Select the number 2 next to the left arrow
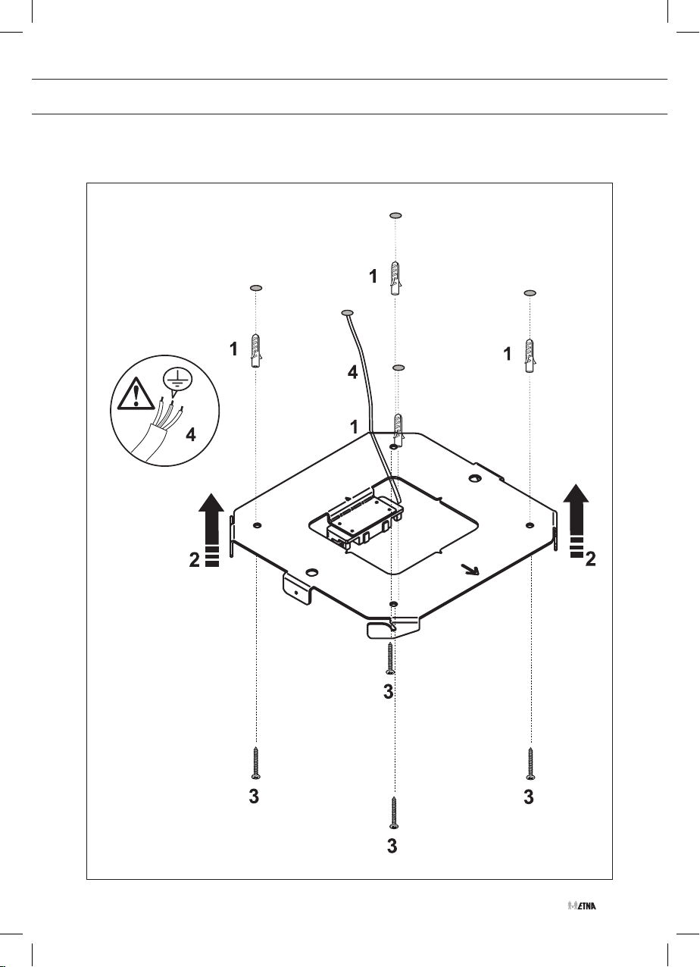195,560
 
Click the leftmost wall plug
256,349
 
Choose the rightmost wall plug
530,354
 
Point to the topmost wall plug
394,278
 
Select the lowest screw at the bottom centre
393,815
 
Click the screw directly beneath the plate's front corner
389,657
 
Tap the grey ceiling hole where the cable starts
348,312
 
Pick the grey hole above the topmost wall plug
395,215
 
